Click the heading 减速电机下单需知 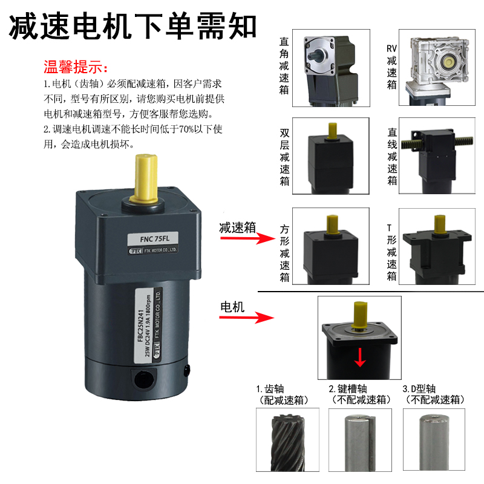click(x=133, y=26)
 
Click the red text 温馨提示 click(x=76, y=65)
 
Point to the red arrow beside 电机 click(x=257, y=317)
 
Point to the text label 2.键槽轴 click(x=352, y=388)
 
